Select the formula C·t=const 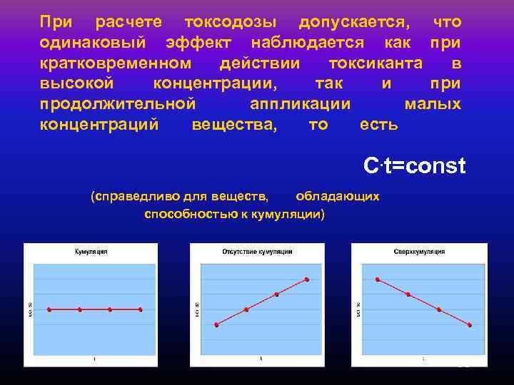pos(414,167)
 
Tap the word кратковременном pos(116,63)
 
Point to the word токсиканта pos(375,63)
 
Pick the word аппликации pos(300,104)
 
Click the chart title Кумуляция pos(91,252)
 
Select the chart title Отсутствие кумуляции pos(256,252)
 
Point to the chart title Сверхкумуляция pos(419,252)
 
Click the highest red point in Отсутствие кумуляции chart pos(307,279)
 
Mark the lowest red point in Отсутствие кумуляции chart pos(216,324)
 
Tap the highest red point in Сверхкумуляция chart pos(378,279)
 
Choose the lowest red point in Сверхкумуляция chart pos(470,325)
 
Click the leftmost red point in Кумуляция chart pos(49,309)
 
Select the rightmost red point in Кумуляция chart pos(141,309)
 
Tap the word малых pos(433,104)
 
